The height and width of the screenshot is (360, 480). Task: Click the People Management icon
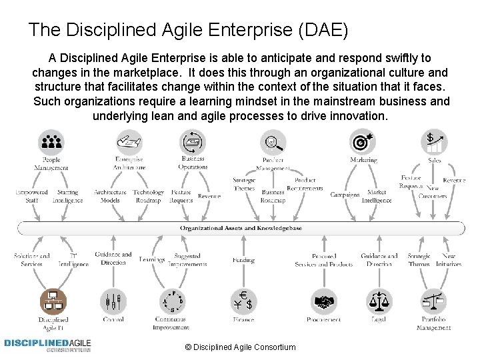coord(51,141)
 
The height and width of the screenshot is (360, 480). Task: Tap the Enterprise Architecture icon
coord(129,141)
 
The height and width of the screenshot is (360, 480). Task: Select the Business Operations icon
coord(193,141)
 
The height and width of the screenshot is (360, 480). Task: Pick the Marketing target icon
coord(363,141)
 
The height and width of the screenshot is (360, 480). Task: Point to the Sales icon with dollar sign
coord(436,141)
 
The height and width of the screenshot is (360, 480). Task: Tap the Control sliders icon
coord(113,302)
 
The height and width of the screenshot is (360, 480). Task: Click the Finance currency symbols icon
coord(243,301)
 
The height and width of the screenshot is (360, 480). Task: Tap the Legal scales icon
coord(379,302)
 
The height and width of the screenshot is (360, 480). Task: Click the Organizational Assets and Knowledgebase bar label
coord(241,227)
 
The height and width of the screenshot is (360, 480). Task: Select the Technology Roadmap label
coord(148,196)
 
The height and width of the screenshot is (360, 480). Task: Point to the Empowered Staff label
coord(31,196)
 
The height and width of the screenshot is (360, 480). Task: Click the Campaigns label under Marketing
coord(345,195)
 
